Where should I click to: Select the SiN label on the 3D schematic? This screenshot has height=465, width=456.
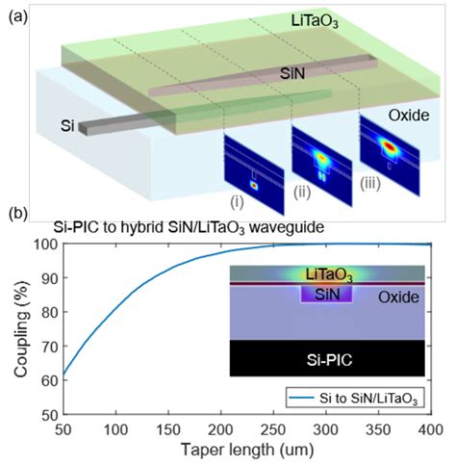pyautogui.click(x=266, y=72)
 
